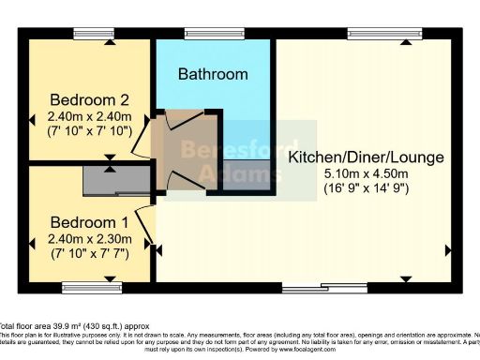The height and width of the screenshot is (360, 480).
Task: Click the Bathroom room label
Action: point(213,74)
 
